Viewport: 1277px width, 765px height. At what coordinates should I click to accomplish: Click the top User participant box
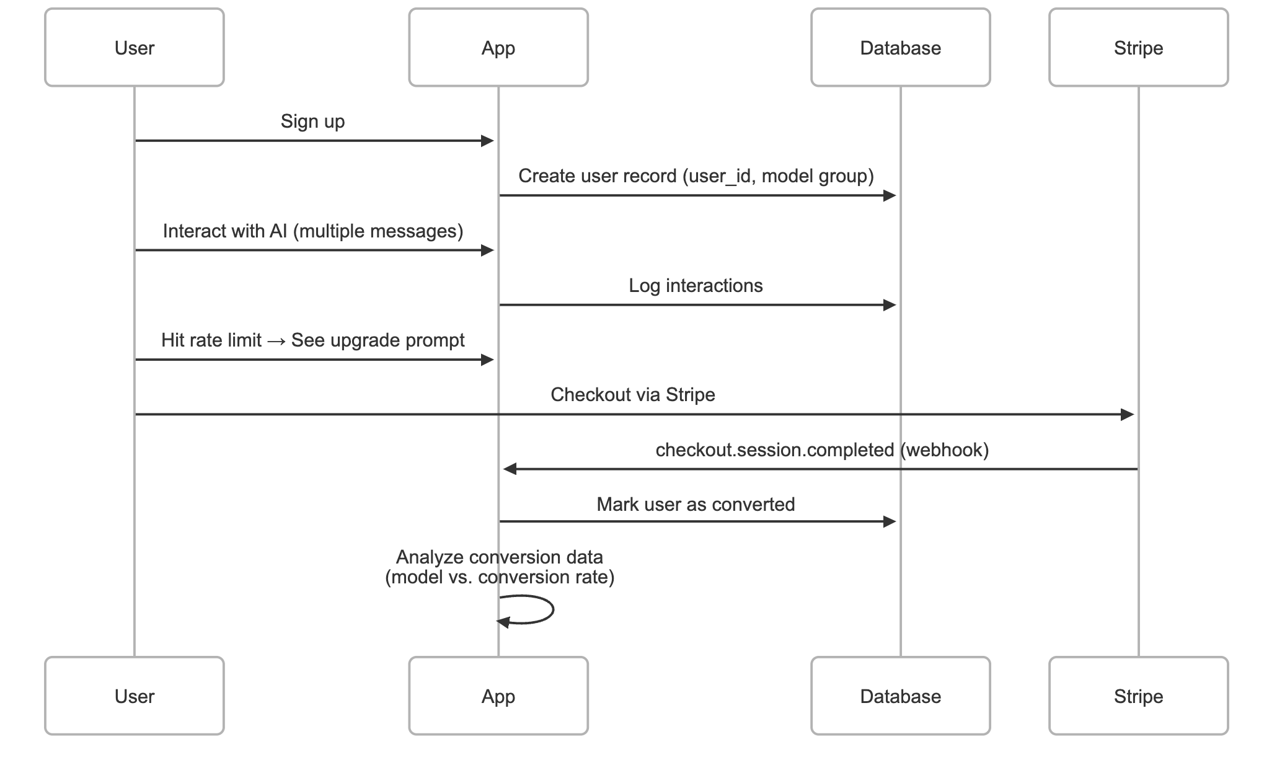tap(134, 48)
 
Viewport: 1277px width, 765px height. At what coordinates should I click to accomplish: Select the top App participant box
tap(498, 48)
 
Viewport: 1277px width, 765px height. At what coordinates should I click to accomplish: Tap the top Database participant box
tap(900, 48)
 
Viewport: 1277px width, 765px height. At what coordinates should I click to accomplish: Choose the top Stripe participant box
tap(1138, 48)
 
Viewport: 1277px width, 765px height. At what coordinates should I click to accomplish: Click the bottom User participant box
tap(134, 696)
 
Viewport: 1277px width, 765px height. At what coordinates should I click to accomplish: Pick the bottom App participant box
tap(498, 696)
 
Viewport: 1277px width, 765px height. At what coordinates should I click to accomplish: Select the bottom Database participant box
tap(900, 696)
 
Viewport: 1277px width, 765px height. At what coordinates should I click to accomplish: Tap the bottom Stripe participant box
tap(1138, 696)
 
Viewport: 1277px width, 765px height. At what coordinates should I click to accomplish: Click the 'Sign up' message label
tap(312, 122)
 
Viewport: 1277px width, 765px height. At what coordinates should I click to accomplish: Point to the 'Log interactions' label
tap(696, 286)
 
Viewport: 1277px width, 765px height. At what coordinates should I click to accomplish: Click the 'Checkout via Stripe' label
tap(632, 395)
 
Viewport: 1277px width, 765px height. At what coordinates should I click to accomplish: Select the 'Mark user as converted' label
tap(696, 505)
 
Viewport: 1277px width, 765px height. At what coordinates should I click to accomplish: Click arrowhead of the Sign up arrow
tap(488, 141)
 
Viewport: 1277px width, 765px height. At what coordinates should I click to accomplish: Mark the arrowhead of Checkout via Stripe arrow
tap(1128, 414)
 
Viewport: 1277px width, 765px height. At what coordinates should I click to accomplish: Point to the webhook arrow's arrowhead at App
tap(510, 469)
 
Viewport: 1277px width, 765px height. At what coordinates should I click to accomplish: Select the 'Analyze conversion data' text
tap(499, 557)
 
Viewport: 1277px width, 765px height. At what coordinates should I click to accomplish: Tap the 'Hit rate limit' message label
tap(211, 340)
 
